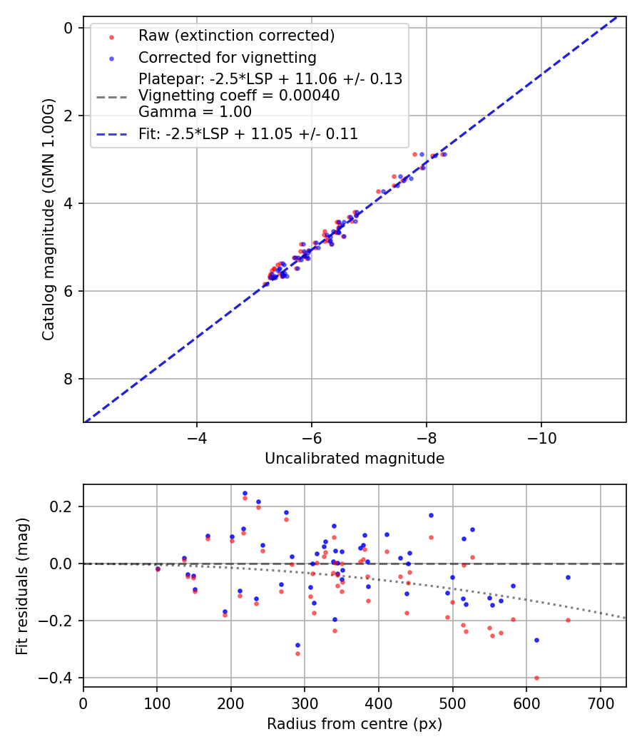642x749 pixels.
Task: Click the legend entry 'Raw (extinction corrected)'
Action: [236, 36]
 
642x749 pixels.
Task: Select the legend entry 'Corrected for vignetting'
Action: [227, 57]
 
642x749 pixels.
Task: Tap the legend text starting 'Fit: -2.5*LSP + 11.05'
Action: [248, 134]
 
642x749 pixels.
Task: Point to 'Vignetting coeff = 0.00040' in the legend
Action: [239, 96]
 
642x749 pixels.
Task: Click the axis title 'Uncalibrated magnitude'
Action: [355, 459]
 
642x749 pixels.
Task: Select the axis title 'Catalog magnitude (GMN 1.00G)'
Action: [48, 218]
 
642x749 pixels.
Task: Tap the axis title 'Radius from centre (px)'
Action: [355, 724]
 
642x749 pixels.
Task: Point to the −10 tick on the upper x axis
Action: [541, 436]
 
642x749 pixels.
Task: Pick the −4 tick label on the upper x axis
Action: [197, 436]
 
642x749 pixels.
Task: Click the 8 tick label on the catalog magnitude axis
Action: [68, 379]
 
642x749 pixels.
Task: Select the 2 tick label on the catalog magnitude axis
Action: [68, 116]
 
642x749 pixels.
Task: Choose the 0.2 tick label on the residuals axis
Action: [63, 506]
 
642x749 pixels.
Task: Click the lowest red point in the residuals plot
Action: [536, 678]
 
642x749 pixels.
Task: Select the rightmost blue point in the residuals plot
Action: [568, 577]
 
